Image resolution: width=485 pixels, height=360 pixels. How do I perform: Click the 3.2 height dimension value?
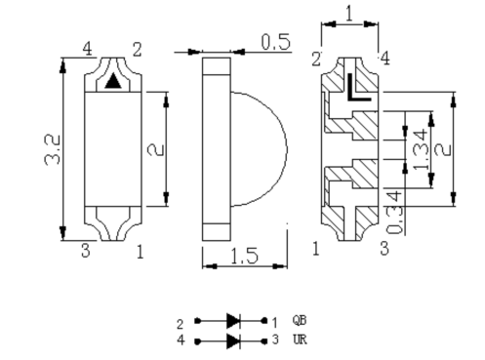click(52, 149)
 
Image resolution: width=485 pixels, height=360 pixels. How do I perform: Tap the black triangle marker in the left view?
click(113, 81)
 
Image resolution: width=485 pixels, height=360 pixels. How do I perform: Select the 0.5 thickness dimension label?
click(276, 42)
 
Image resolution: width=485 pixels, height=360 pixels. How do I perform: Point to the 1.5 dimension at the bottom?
click(245, 256)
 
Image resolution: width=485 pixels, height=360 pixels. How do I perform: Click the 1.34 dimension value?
click(421, 149)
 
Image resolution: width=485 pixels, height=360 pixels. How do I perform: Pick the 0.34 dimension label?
click(394, 212)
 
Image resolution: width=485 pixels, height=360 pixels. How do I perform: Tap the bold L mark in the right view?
click(358, 87)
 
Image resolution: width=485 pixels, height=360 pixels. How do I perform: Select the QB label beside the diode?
click(300, 320)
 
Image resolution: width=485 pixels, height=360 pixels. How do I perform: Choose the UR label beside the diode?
click(300, 340)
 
